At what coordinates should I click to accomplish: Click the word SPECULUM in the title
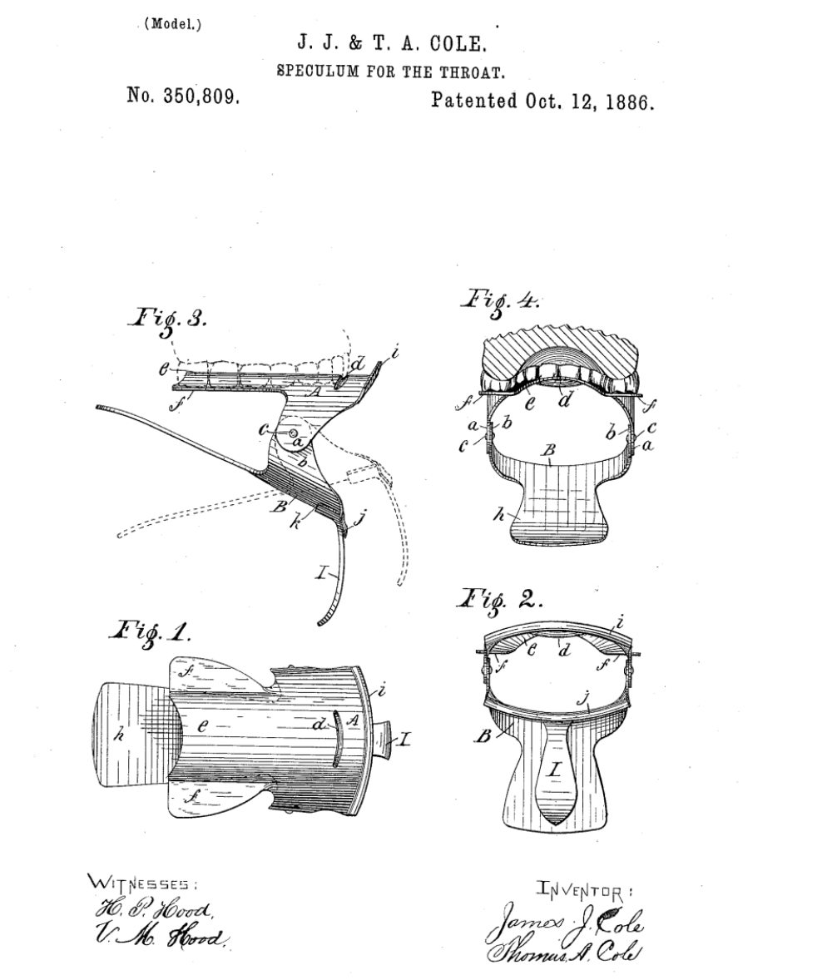click(318, 72)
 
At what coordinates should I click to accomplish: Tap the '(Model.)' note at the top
click(173, 24)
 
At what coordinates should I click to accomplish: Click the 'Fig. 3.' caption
click(167, 320)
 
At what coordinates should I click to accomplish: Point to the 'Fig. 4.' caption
click(499, 301)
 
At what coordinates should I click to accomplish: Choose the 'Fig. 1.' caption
click(150, 632)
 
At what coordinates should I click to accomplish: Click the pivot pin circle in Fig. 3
click(291, 433)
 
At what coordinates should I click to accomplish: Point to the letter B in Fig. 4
click(548, 450)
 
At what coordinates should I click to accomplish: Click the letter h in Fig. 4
click(499, 514)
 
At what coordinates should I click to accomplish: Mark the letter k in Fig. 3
click(295, 521)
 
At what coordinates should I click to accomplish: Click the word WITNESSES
click(142, 883)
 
